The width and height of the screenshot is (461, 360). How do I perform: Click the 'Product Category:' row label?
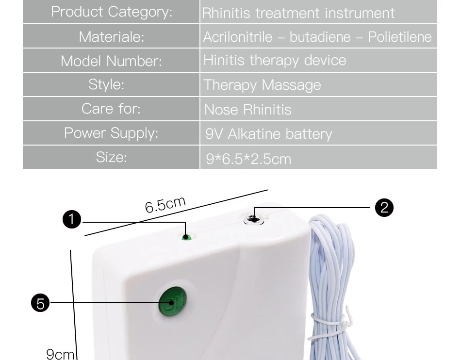coord(111,12)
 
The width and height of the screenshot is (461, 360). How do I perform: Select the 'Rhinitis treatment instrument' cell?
coord(298,13)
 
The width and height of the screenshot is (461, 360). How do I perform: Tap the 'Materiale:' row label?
coord(111,36)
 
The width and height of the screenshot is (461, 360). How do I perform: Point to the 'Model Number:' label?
coord(111,61)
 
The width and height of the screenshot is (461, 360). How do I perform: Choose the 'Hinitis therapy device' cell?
coord(275,60)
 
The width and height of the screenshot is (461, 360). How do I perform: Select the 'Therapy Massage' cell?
coord(263,85)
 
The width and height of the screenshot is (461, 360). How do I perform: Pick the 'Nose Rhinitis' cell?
coord(247,110)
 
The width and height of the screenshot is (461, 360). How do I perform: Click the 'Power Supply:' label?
coord(111,133)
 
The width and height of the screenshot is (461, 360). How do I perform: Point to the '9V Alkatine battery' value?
coord(269,134)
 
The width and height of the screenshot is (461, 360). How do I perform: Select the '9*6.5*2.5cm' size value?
coord(248,159)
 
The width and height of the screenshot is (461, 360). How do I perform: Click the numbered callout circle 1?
coord(72,219)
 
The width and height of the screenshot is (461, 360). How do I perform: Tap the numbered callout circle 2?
coord(384,208)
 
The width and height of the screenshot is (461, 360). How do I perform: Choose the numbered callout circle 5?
coord(40,303)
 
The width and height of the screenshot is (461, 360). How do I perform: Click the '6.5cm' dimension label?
coord(165,204)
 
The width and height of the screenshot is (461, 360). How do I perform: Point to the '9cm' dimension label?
coord(60,354)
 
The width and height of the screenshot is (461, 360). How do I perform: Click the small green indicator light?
coord(186,237)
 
